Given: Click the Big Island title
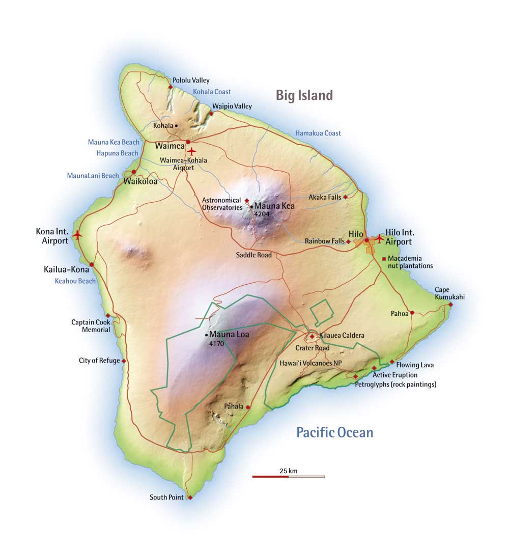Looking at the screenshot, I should [x=304, y=95].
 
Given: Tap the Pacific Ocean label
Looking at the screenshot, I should [x=334, y=433].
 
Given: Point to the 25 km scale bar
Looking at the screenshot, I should [x=288, y=476].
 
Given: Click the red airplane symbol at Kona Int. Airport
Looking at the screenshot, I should [x=77, y=235].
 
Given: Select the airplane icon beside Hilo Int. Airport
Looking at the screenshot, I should [x=379, y=238].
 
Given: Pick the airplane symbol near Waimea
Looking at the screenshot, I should [x=191, y=151].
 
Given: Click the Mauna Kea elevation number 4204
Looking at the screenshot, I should [x=262, y=214].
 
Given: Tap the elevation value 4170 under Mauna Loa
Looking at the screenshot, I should [x=217, y=344].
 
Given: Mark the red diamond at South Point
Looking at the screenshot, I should [x=190, y=498].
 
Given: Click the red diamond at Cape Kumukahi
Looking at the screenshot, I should [x=450, y=305].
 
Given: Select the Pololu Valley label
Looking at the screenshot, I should [x=191, y=80].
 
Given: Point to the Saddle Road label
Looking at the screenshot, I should [x=254, y=255].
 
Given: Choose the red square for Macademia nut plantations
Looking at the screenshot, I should [x=384, y=259].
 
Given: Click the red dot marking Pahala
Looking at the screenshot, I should [x=248, y=407].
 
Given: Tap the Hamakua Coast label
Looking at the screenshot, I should [x=318, y=133].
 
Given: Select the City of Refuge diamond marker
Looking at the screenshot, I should [x=124, y=361].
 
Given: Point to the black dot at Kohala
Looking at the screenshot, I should [x=176, y=125].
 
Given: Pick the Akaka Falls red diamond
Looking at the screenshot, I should [x=345, y=197].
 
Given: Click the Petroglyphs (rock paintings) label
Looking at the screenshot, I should [x=395, y=385].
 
